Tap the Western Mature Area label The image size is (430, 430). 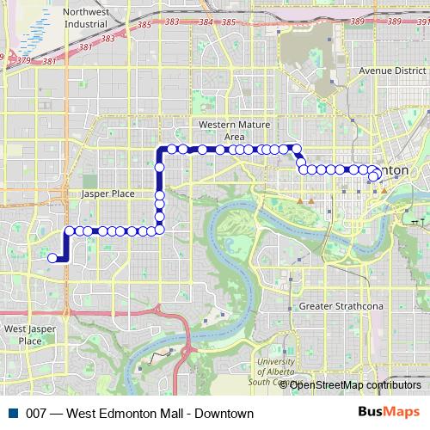click(222, 131)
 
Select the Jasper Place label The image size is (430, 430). click(107, 193)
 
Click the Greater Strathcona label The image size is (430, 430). click(340, 306)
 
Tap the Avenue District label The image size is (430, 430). click(393, 70)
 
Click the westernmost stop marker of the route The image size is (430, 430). click(53, 257)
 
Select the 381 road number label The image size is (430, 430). click(49, 61)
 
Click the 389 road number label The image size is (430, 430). click(357, 20)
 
